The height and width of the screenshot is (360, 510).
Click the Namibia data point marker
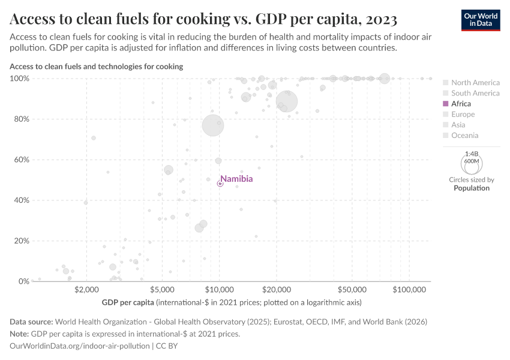tap(220, 184)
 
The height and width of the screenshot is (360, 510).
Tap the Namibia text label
tap(236, 179)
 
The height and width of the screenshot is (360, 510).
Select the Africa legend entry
tap(461, 104)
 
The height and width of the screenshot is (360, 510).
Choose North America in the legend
tap(475, 83)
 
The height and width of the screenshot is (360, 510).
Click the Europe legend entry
tap(463, 115)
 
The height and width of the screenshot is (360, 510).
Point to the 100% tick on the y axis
tap(20, 79)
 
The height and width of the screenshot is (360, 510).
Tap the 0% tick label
tap(23, 281)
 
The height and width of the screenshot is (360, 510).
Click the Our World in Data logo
tap(480, 19)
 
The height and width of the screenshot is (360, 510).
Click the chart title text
tap(203, 20)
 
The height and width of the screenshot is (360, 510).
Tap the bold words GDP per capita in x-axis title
tap(128, 302)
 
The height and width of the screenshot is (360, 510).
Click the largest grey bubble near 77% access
tap(212, 125)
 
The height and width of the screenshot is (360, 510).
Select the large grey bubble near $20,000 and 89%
tap(287, 101)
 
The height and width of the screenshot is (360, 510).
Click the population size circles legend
tap(471, 163)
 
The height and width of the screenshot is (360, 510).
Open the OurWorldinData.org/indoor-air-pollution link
tap(80, 346)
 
